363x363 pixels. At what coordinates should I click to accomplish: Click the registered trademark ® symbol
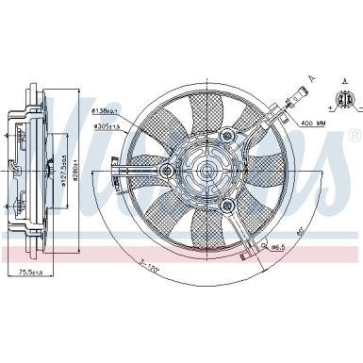pyautogui.click(x=352, y=133)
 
